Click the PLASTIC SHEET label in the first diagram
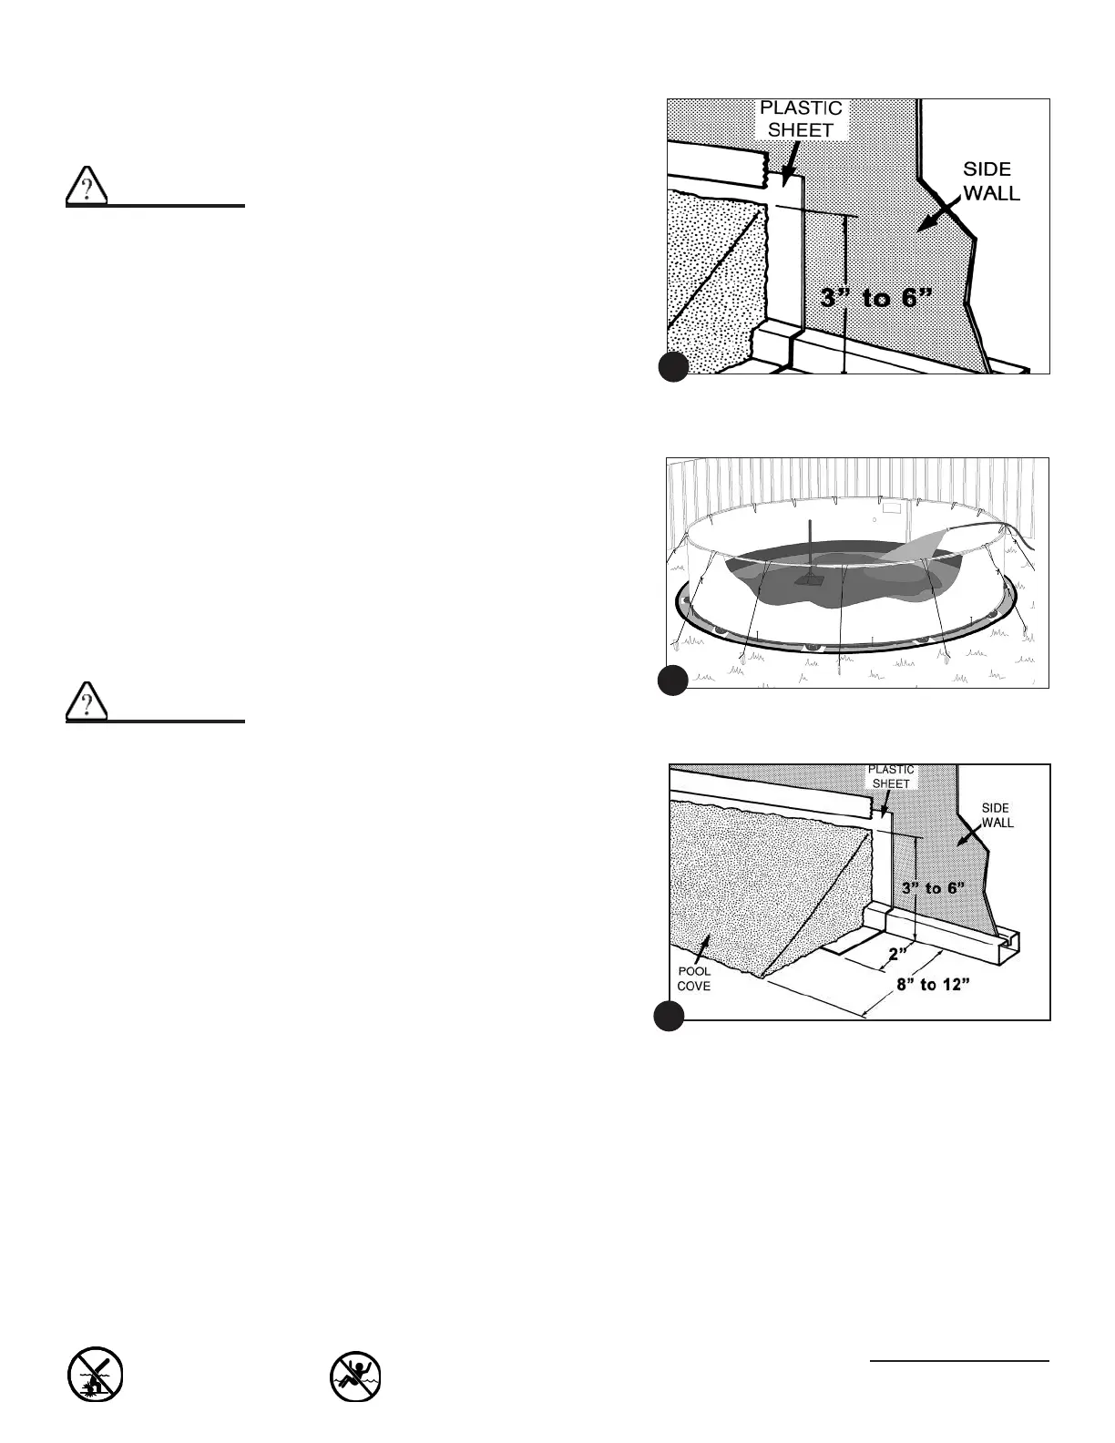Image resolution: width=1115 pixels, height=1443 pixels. [801, 119]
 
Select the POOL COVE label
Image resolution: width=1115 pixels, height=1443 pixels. [694, 978]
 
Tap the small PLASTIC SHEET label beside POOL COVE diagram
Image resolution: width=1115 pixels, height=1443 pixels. [890, 776]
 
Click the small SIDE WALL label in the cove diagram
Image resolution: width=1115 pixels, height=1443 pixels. [997, 815]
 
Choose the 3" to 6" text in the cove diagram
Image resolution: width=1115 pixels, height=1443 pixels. [932, 886]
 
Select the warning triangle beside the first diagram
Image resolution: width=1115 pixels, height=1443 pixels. [87, 188]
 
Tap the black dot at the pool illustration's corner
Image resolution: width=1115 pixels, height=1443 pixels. [672, 681]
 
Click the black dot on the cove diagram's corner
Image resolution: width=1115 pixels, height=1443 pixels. [670, 1015]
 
